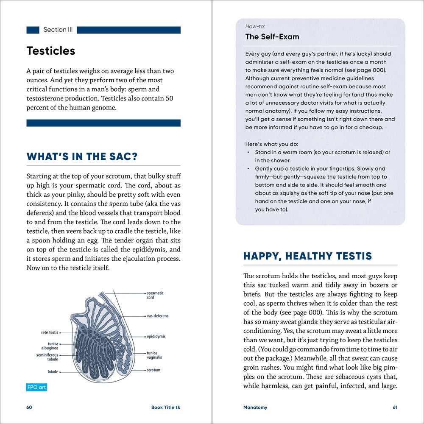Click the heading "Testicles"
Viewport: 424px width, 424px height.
[x=51, y=51]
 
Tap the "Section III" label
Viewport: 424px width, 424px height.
[x=55, y=30]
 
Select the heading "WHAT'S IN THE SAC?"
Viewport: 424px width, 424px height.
[x=82, y=156]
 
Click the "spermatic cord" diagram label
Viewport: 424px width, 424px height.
[x=155, y=295]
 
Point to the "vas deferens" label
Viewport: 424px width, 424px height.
[x=157, y=316]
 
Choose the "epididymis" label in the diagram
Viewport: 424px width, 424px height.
[x=156, y=336]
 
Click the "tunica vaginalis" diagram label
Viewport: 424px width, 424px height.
[x=154, y=355]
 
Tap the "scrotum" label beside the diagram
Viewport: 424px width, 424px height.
[x=153, y=370]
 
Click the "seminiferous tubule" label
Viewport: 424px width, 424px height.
[x=47, y=357]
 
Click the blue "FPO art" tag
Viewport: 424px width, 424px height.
[x=36, y=388]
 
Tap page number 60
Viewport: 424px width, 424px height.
[x=29, y=407]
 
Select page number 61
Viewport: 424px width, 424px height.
[x=395, y=407]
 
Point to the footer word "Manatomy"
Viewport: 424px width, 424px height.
[x=255, y=407]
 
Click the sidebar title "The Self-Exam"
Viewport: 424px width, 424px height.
[x=272, y=37]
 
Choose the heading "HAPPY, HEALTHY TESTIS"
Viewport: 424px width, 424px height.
[x=307, y=256]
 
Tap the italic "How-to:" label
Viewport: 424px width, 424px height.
[x=255, y=26]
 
